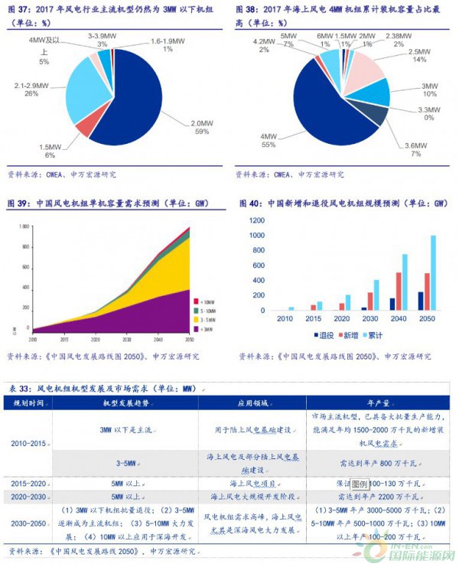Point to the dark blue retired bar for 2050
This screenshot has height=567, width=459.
pyautogui.click(x=420, y=301)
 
